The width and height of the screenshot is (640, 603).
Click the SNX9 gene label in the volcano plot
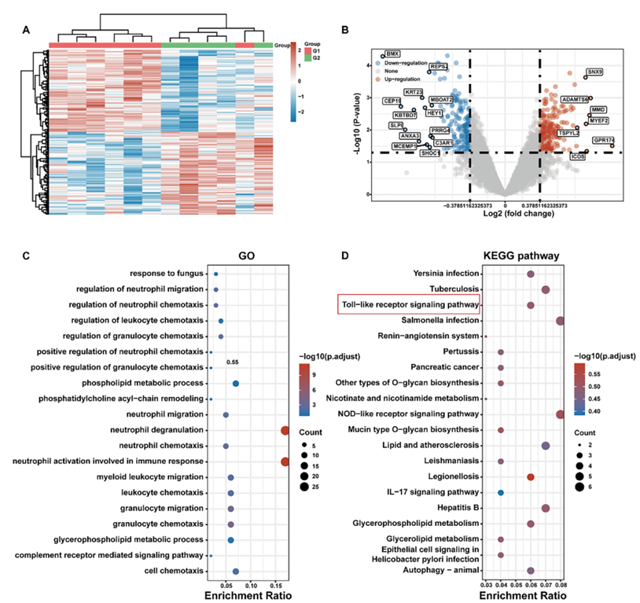595,72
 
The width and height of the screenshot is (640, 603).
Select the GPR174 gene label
604,140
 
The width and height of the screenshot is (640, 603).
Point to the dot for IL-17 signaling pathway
501,493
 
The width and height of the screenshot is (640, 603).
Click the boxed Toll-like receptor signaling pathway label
408,304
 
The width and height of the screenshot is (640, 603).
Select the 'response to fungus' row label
167,274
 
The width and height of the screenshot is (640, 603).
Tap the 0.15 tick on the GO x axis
276,586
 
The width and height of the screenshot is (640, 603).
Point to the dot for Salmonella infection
560,321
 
